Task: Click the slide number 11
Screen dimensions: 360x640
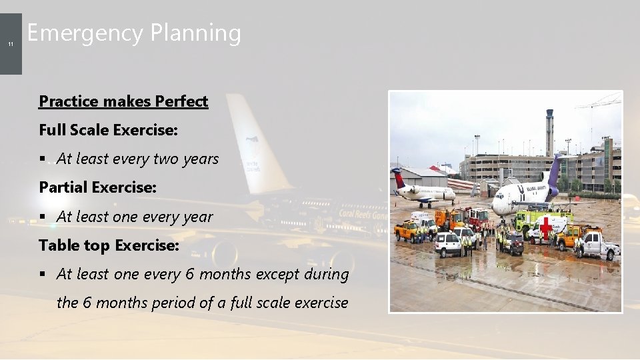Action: [11, 44]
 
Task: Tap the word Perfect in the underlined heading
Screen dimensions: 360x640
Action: [181, 101]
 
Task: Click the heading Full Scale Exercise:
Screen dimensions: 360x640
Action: [108, 130]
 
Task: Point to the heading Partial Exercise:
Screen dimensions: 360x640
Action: [97, 187]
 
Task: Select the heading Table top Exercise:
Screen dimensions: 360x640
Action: [109, 245]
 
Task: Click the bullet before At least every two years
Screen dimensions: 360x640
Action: [42, 159]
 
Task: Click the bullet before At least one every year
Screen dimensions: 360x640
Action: [42, 217]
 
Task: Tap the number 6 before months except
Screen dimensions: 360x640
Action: [190, 274]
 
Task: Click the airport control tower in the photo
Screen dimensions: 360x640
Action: [549, 130]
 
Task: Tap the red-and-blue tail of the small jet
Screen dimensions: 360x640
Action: [399, 178]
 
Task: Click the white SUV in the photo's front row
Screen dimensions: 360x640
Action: [448, 243]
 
